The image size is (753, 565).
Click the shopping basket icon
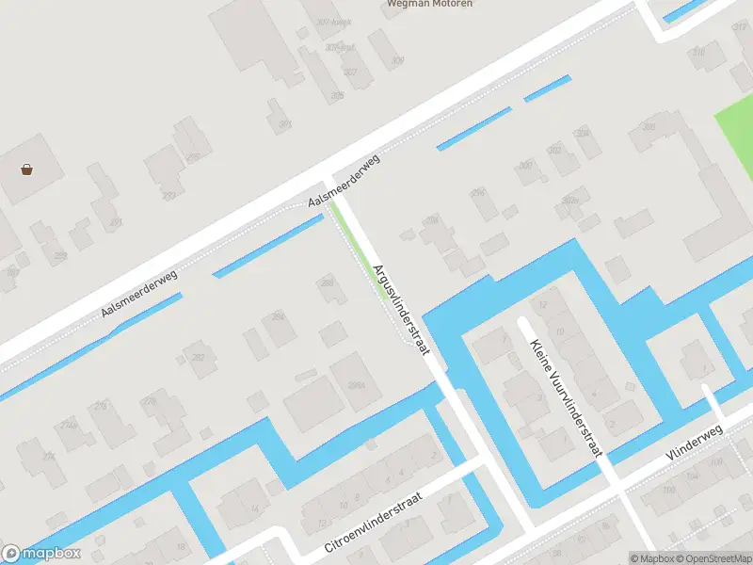click(x=27, y=170)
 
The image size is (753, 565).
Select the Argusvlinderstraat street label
click(x=401, y=309)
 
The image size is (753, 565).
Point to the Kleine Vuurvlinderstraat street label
click(x=567, y=398)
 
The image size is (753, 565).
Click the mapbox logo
click(x=41, y=554)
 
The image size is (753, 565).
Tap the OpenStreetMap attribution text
click(x=713, y=558)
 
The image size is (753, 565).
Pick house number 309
click(x=397, y=61)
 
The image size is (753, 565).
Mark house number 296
click(x=478, y=193)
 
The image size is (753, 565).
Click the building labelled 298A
click(x=357, y=385)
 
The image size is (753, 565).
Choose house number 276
click(x=101, y=407)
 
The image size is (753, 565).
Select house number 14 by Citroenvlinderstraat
click(x=255, y=509)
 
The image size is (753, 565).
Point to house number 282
click(x=198, y=358)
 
